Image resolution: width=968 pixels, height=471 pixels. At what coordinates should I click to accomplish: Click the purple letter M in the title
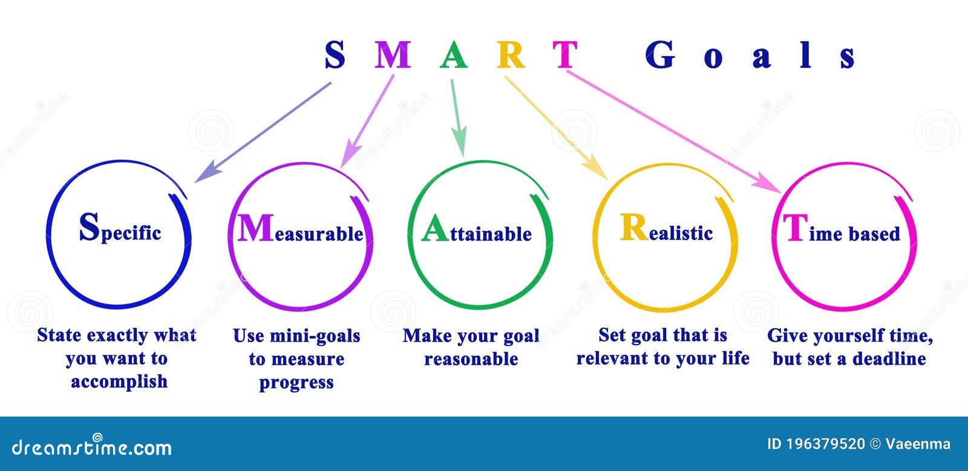click(393, 55)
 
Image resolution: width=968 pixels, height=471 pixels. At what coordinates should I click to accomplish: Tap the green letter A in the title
click(453, 55)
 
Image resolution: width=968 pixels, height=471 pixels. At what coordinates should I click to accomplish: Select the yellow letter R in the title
click(511, 55)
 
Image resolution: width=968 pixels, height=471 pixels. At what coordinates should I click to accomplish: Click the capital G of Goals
click(660, 55)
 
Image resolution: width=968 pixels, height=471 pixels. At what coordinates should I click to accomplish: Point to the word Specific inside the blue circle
click(120, 230)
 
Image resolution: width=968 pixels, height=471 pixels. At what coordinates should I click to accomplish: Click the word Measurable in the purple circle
click(300, 230)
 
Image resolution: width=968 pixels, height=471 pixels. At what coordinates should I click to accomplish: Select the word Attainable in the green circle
click(477, 232)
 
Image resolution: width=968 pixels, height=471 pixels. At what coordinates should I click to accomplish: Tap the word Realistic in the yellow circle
click(666, 230)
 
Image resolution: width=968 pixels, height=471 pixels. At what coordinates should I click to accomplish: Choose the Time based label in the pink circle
click(842, 231)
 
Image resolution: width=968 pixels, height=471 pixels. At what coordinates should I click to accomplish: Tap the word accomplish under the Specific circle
click(119, 382)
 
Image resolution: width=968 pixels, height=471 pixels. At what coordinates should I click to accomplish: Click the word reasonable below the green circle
click(471, 359)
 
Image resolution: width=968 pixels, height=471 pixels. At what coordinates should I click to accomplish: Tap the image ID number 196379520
click(825, 444)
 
